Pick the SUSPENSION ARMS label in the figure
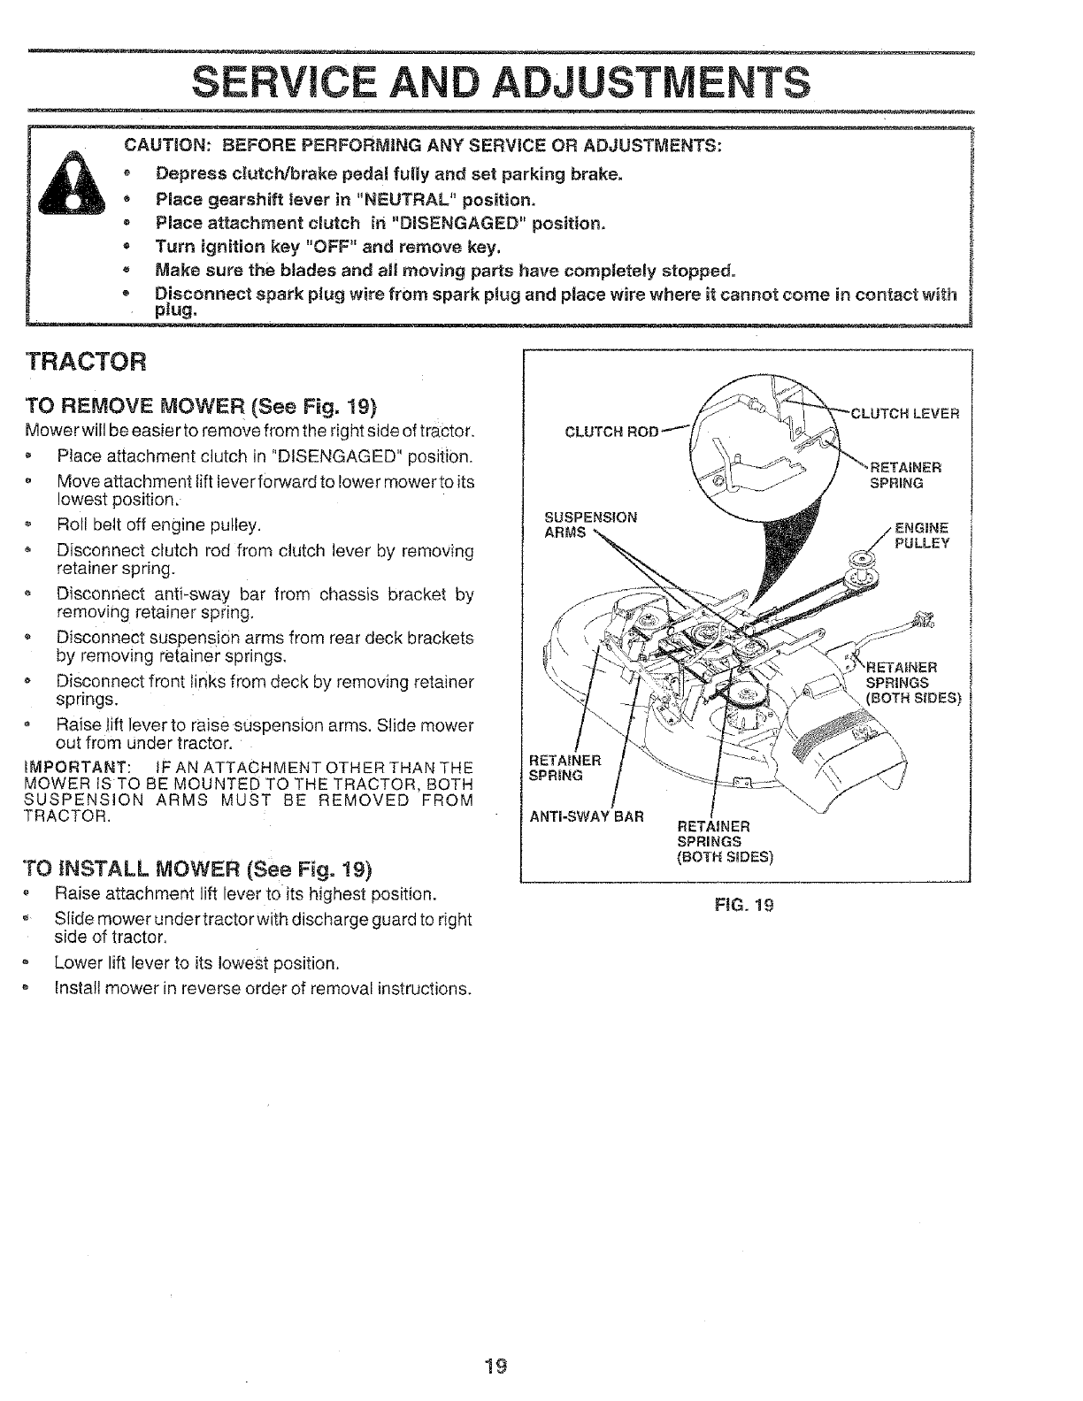pyautogui.click(x=591, y=524)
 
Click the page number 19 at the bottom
pyautogui.click(x=495, y=1366)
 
